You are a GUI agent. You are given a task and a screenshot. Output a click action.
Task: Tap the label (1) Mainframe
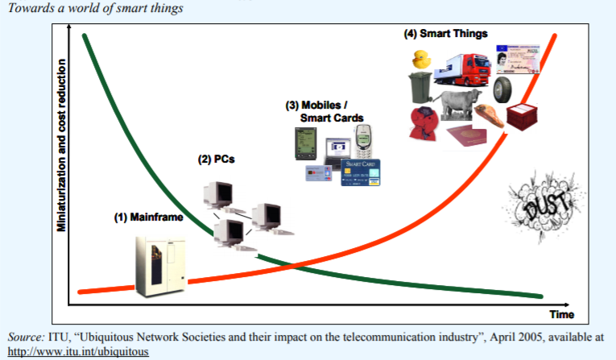147,217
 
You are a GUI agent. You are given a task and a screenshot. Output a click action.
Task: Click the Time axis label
561,313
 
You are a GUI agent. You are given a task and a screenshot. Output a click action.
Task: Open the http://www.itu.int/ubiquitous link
78,352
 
